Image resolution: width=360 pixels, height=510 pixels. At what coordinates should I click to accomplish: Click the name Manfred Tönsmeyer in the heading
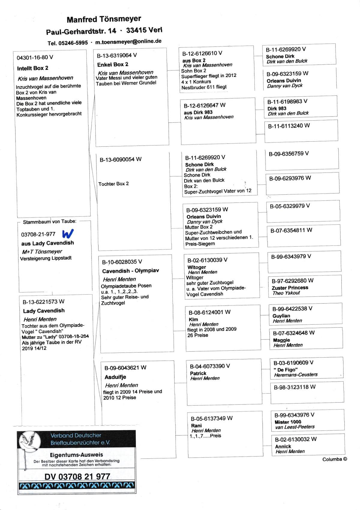click(104, 19)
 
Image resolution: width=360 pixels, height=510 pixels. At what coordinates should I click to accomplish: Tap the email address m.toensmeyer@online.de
click(128, 41)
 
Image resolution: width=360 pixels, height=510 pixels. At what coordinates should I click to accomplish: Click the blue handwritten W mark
click(68, 234)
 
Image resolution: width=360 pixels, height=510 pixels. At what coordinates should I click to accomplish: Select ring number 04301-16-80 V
click(35, 57)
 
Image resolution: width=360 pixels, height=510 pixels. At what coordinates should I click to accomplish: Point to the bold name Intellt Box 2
click(32, 68)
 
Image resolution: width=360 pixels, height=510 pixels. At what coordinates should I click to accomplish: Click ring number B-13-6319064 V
click(117, 55)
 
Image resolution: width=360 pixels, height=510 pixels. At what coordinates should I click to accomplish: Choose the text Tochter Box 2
click(113, 184)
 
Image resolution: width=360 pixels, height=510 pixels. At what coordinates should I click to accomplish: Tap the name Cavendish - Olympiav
click(130, 271)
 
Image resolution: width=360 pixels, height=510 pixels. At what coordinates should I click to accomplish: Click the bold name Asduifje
click(115, 377)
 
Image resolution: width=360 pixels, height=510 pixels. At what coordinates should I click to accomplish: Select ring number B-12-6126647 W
click(205, 105)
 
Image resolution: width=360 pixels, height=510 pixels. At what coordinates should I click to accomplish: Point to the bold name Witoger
click(196, 267)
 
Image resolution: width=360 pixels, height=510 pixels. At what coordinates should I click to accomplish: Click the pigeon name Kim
click(193, 319)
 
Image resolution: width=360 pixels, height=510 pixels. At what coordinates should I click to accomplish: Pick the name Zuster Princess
click(290, 288)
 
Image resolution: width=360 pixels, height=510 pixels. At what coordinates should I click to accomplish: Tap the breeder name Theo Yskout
click(286, 293)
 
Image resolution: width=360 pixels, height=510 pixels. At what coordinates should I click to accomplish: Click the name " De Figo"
click(286, 370)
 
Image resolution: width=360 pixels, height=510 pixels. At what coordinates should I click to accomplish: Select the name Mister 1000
click(288, 422)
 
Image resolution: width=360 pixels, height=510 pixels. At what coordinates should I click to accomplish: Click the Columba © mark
click(334, 459)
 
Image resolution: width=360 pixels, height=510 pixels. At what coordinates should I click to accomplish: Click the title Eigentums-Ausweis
click(76, 455)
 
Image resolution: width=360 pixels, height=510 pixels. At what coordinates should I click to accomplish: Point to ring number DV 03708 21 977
click(77, 476)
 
